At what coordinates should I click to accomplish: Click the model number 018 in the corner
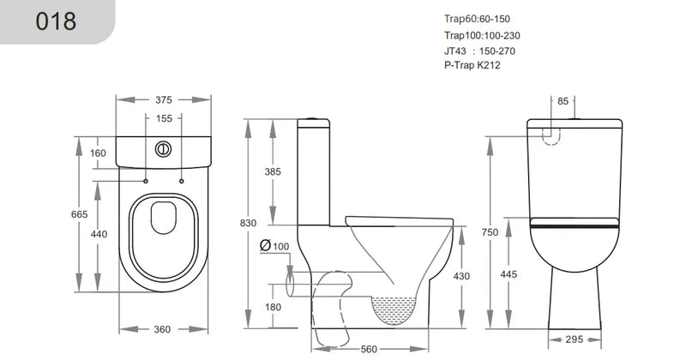tap(56, 21)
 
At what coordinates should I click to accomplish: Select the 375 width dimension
tap(164, 100)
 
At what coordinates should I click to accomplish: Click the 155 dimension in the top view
tap(164, 119)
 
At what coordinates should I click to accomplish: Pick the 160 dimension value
tap(98, 153)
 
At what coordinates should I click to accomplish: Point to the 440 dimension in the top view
tap(99, 234)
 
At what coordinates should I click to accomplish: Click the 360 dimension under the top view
tap(163, 329)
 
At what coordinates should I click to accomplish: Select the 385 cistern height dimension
tap(273, 172)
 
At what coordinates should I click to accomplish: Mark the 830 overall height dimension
tap(249, 223)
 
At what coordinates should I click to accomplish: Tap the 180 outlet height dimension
tap(273, 307)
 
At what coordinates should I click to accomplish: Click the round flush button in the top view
tap(162, 147)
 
